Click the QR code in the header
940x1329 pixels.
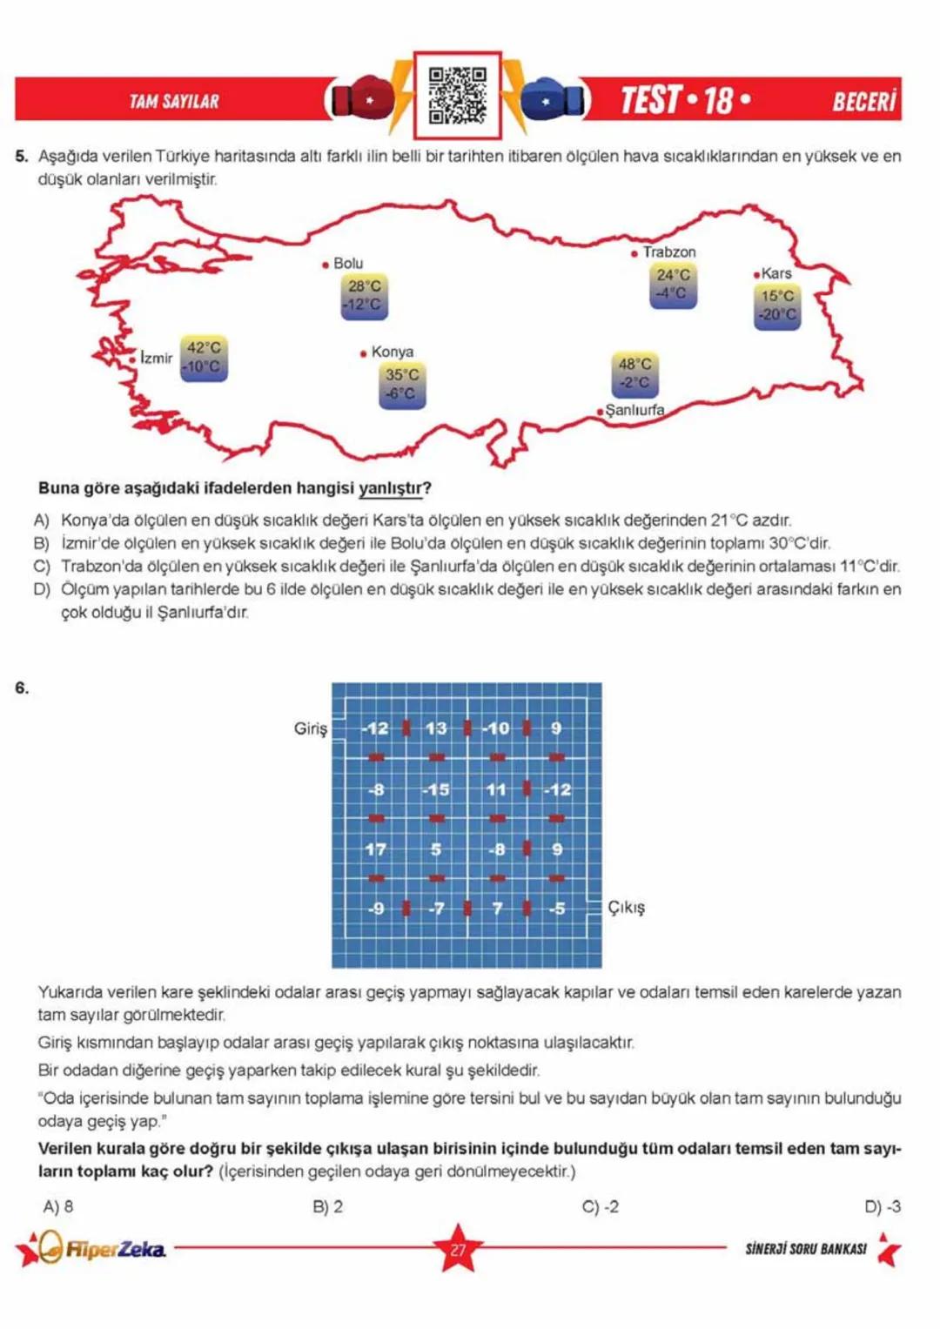tap(457, 95)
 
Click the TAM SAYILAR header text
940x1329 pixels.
tap(174, 101)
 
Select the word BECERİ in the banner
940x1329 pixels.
tap(863, 101)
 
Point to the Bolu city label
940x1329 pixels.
tap(348, 263)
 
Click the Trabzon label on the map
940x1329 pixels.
tap(668, 252)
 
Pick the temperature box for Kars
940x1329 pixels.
tap(776, 305)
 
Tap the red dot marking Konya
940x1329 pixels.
tap(363, 353)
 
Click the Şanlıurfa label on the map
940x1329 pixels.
tap(634, 410)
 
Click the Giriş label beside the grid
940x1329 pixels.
tap(310, 728)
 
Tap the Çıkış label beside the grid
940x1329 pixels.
tap(626, 907)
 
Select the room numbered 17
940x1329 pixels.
tap(376, 849)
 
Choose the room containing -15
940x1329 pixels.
tap(436, 789)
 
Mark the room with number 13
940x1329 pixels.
tap(436, 728)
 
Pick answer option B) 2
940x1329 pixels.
tap(327, 1206)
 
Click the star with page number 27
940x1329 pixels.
tap(458, 1249)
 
